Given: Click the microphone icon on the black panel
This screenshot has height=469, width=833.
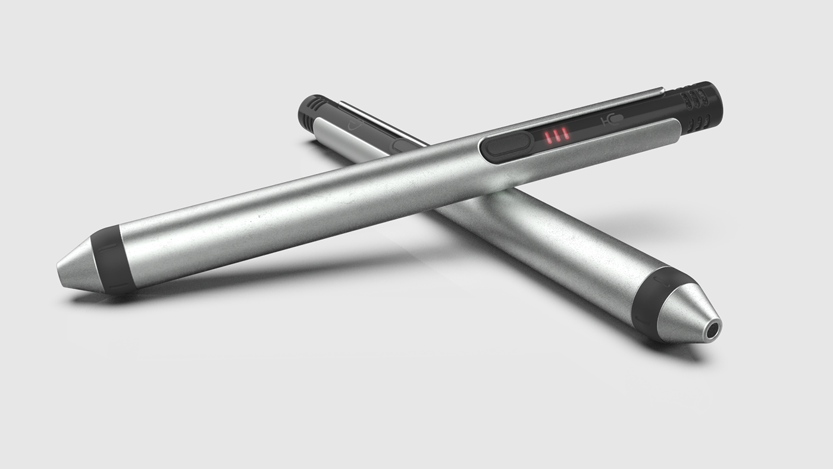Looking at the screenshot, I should (612, 119).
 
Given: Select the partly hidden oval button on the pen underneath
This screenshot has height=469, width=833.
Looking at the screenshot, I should (405, 145).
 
